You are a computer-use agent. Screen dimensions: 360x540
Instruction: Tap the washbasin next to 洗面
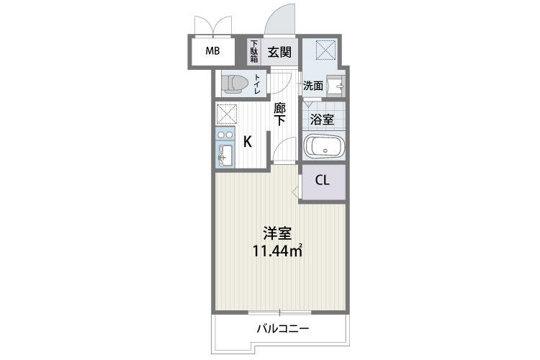tap(336, 86)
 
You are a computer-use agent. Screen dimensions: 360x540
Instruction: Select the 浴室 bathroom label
tap(320, 120)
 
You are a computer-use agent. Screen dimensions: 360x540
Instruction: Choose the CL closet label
tap(322, 180)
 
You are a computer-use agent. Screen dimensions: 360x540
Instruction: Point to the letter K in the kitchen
tap(247, 141)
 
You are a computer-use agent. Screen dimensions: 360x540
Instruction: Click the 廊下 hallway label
tap(281, 115)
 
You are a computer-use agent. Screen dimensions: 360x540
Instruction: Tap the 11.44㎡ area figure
tap(276, 251)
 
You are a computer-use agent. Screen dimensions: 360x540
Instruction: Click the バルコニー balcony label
tap(283, 330)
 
